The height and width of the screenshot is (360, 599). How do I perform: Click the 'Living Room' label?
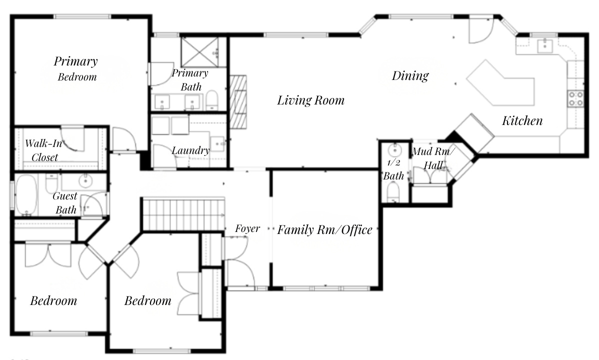310,100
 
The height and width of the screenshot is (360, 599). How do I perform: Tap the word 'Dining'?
410,75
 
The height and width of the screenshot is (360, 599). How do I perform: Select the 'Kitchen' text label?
522,120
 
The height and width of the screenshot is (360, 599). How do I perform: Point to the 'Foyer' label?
247,228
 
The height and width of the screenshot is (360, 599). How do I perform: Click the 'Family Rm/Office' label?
324,230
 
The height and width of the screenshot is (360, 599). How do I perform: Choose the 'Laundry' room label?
190,150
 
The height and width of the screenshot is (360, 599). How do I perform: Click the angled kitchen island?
500,82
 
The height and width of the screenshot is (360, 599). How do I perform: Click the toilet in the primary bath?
212,100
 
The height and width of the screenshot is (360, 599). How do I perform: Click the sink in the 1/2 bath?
395,149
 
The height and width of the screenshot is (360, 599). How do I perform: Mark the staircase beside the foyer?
183,213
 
